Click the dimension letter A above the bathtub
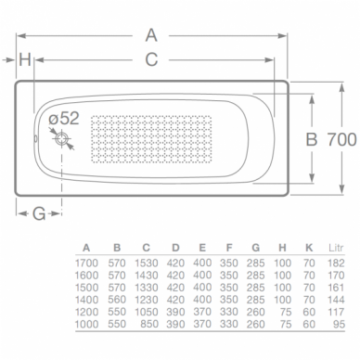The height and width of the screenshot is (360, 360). tap(151, 35)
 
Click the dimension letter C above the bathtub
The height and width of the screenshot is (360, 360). tap(151, 59)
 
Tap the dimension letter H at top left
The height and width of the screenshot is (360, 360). tap(25, 59)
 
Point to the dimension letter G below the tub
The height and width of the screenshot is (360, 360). tap(39, 213)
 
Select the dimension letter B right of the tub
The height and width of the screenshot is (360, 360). tap(312, 139)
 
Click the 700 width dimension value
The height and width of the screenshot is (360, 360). tap(341, 139)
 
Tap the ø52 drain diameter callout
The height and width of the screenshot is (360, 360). tap(64, 118)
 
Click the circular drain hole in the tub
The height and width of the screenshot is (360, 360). tap(62, 139)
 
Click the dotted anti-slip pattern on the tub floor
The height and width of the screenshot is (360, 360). tap(151, 139)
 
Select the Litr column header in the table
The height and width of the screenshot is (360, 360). tap(336, 248)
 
